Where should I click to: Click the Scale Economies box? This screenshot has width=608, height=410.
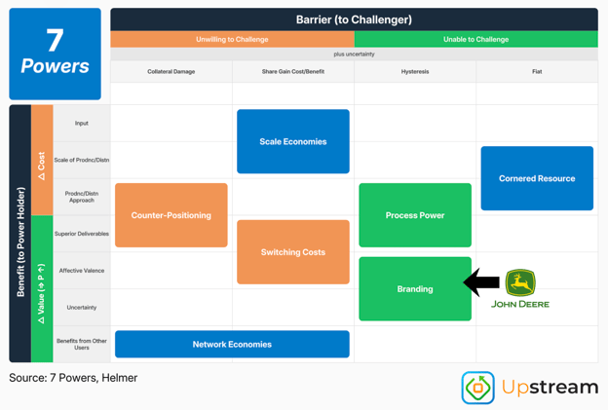click(x=293, y=141)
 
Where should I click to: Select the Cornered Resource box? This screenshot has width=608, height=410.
click(x=537, y=178)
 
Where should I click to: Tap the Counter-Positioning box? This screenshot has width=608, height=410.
click(x=171, y=215)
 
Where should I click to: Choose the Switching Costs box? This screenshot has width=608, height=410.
click(x=293, y=252)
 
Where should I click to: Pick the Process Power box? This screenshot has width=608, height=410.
click(x=415, y=215)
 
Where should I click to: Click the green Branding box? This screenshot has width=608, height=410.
click(x=415, y=288)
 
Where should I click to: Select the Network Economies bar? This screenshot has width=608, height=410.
click(x=232, y=344)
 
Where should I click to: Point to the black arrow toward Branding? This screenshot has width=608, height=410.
click(x=481, y=282)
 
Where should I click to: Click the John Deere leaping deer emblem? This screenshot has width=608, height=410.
click(x=520, y=282)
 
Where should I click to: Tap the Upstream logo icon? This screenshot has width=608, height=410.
click(x=477, y=388)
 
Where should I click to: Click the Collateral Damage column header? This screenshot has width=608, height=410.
click(x=171, y=72)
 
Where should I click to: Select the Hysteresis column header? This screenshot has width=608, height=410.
click(x=415, y=72)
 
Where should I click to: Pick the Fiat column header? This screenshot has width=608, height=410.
click(x=537, y=72)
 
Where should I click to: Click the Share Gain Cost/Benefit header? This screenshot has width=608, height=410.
click(x=293, y=72)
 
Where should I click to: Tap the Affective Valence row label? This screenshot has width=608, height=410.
click(x=82, y=271)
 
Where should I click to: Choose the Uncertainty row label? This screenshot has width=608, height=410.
click(x=82, y=308)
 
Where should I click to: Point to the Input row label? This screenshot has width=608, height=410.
click(x=82, y=124)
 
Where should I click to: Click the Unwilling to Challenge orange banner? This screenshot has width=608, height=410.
click(x=232, y=39)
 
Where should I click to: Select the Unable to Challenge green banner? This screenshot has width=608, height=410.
click(x=476, y=39)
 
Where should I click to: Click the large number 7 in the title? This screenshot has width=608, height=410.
click(x=55, y=40)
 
